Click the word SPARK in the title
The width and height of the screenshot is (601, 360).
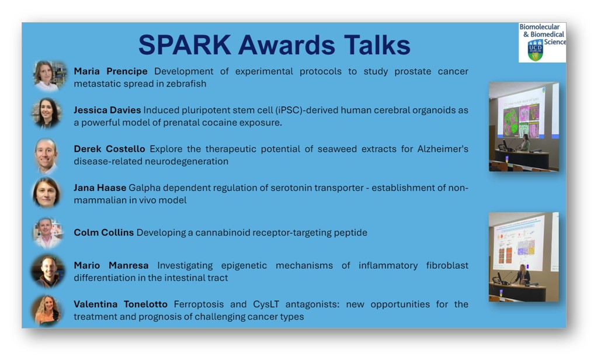(x=185, y=45)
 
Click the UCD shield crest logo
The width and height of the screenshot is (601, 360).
(x=535, y=51)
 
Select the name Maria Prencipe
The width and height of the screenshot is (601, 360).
(x=110, y=71)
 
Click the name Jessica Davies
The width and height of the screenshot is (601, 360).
(x=107, y=110)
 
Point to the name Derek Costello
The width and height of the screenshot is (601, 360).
(x=109, y=149)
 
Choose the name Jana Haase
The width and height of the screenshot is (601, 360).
(x=100, y=188)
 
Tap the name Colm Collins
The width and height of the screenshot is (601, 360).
(x=103, y=233)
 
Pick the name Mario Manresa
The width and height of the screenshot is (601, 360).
(x=111, y=265)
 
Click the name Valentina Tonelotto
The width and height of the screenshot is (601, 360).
(x=120, y=304)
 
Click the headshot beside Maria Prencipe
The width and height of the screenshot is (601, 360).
(x=48, y=75)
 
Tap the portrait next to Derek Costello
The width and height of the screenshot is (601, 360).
(x=46, y=155)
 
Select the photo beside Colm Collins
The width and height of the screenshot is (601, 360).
(x=47, y=233)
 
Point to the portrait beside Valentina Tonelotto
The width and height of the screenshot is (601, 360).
(x=47, y=310)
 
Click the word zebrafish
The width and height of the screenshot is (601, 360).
(x=186, y=84)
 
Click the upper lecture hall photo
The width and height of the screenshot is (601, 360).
(x=523, y=126)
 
